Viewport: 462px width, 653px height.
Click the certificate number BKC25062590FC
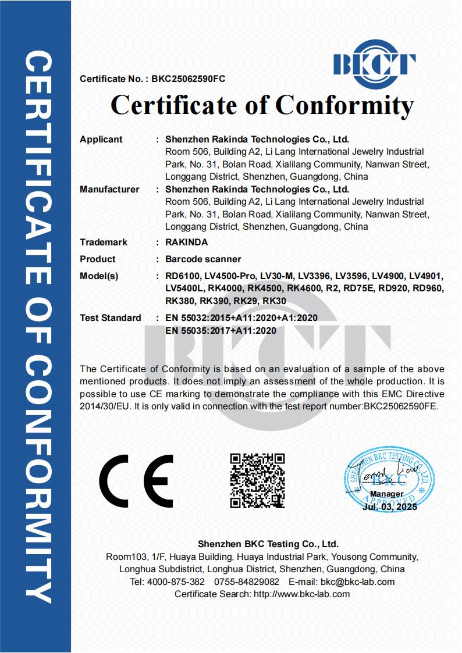pyautogui.click(x=188, y=78)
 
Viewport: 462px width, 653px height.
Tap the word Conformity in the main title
pyautogui.click(x=344, y=105)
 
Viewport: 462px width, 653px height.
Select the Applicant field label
pyautogui.click(x=101, y=140)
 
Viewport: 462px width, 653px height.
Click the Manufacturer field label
pyautogui.click(x=109, y=190)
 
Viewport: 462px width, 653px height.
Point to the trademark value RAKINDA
pyautogui.click(x=186, y=242)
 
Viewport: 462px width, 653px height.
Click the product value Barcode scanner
pyautogui.click(x=203, y=259)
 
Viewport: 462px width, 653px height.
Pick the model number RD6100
pyautogui.click(x=183, y=276)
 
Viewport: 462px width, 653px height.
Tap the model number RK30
pyautogui.click(x=275, y=301)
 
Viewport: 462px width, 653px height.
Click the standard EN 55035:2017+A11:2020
pyautogui.click(x=221, y=330)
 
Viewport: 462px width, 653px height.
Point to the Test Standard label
pyautogui.click(x=111, y=318)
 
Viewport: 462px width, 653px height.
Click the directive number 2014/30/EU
pyautogui.click(x=104, y=406)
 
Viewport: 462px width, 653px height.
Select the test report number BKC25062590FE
pyautogui.click(x=401, y=406)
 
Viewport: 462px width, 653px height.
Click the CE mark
pyautogui.click(x=136, y=481)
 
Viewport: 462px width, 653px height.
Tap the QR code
pyautogui.click(x=258, y=480)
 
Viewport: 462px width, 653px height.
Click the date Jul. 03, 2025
pyautogui.click(x=389, y=506)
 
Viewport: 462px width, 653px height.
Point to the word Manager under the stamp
pyautogui.click(x=386, y=494)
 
